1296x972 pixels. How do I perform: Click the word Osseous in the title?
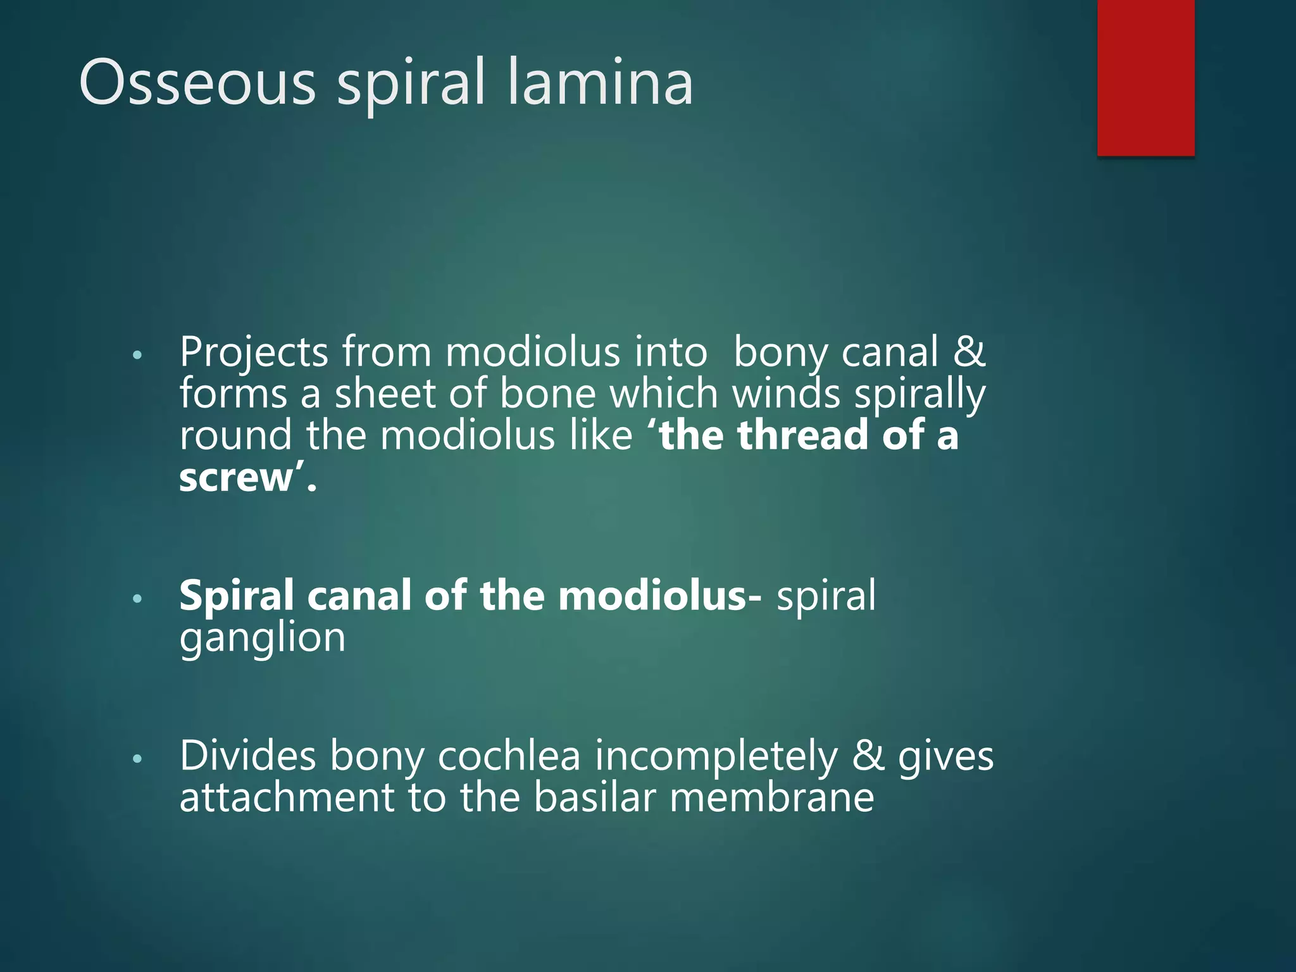197,82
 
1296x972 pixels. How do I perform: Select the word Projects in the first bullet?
254,352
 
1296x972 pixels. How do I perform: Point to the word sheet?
385,394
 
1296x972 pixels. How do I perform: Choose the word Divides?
247,756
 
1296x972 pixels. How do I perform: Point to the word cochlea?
509,756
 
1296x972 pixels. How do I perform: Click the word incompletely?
716,757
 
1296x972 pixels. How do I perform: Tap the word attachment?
287,797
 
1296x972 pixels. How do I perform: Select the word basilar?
595,797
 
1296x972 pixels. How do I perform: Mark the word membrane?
771,797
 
